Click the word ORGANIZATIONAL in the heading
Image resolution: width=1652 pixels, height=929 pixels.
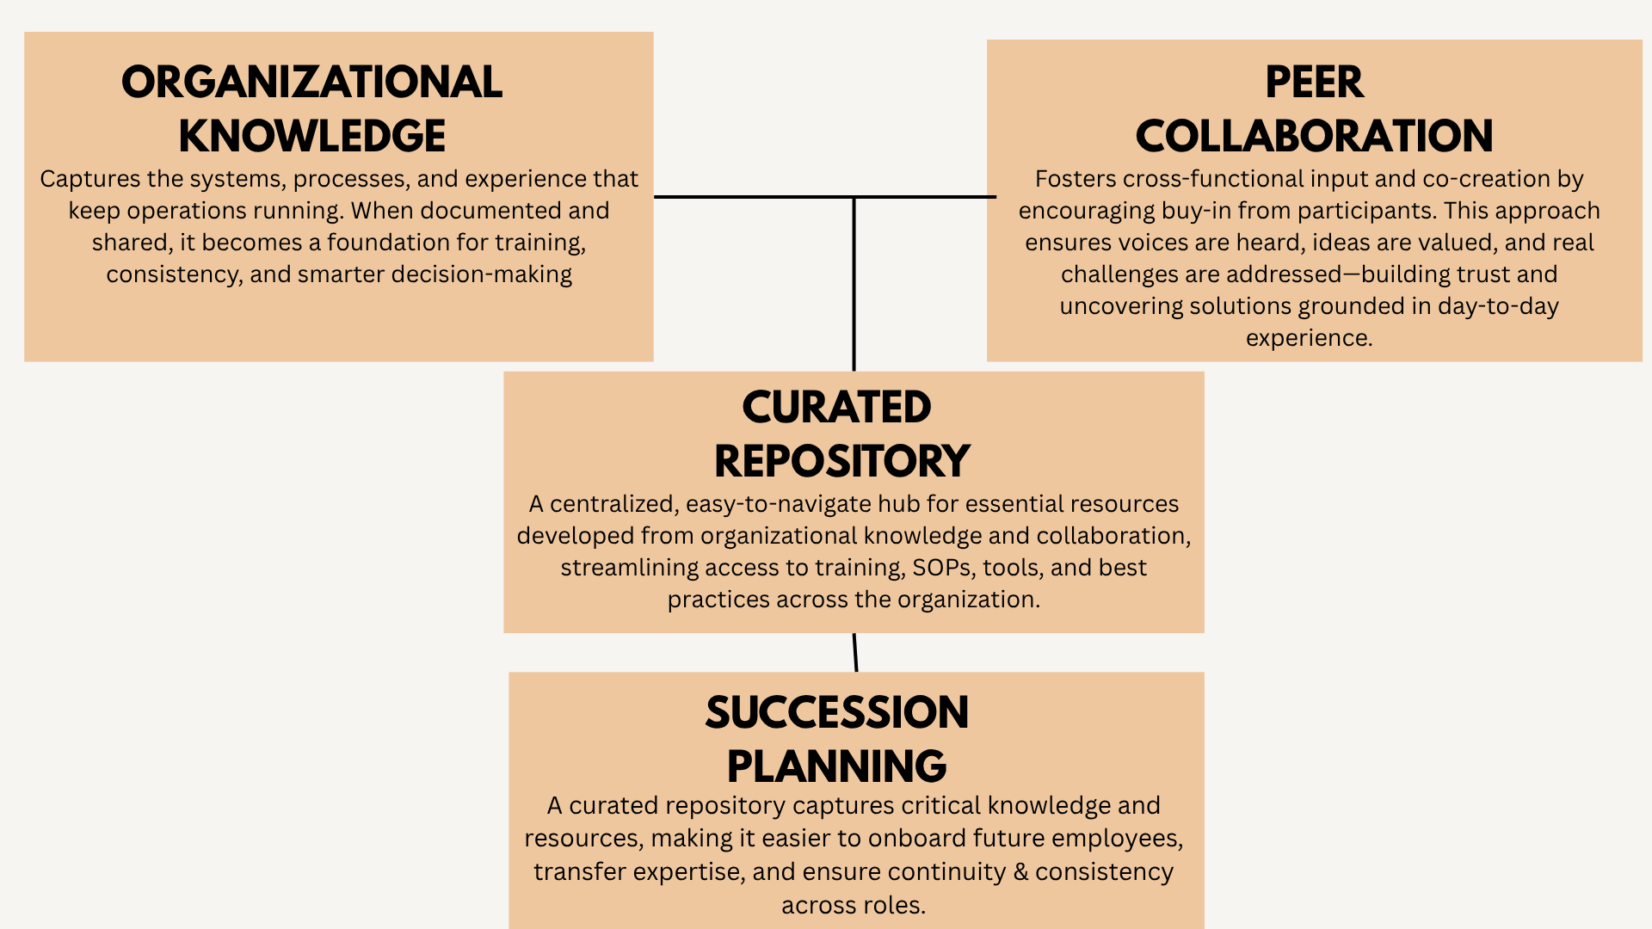[x=311, y=83]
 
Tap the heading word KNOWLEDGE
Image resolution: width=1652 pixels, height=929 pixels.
[x=311, y=136]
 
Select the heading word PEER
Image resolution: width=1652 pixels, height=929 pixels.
[x=1314, y=83]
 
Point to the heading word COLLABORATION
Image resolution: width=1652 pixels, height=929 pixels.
[x=1314, y=136]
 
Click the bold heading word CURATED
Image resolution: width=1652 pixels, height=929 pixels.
[x=836, y=407]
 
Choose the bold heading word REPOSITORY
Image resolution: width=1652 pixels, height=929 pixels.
[x=841, y=461]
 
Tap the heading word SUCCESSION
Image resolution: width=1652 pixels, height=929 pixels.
[x=836, y=712]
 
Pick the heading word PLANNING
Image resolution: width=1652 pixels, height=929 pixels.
[x=836, y=766]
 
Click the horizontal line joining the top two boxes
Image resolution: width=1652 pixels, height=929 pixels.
[x=757, y=197]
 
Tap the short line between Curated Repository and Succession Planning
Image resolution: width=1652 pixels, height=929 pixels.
[x=855, y=652]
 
